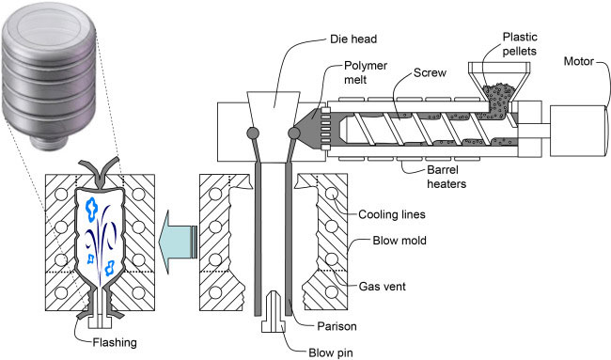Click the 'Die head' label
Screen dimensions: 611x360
click(353, 39)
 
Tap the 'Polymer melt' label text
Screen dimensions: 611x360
click(366, 72)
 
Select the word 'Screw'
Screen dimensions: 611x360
click(430, 73)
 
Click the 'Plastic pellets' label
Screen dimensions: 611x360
click(520, 44)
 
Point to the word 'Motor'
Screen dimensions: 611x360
click(579, 61)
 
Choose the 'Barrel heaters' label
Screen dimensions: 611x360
click(446, 177)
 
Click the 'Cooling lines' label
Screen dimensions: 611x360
click(392, 214)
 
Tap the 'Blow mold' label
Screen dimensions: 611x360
click(399, 241)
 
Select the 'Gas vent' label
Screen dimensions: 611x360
click(383, 287)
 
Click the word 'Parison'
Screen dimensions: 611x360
click(337, 326)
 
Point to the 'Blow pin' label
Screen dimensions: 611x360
click(331, 352)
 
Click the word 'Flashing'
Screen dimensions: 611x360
click(115, 342)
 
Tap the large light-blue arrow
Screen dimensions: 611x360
click(178, 242)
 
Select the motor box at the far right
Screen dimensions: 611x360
click(579, 131)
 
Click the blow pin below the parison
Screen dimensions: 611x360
click(274, 312)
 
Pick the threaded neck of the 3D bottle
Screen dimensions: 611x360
click(49, 142)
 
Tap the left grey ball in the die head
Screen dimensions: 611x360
click(253, 133)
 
